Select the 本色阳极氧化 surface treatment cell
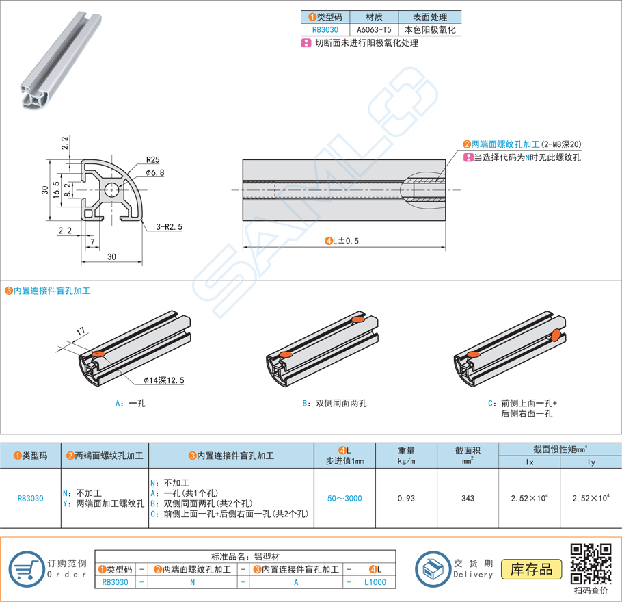[430, 29]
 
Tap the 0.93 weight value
[406, 498]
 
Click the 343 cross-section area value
[468, 498]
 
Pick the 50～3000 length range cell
[344, 498]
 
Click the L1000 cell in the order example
[375, 582]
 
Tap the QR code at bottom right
[590, 563]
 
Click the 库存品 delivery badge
[531, 568]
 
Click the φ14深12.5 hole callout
[164, 380]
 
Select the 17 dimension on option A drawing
[80, 332]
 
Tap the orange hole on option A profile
[98, 354]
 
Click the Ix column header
[530, 462]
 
